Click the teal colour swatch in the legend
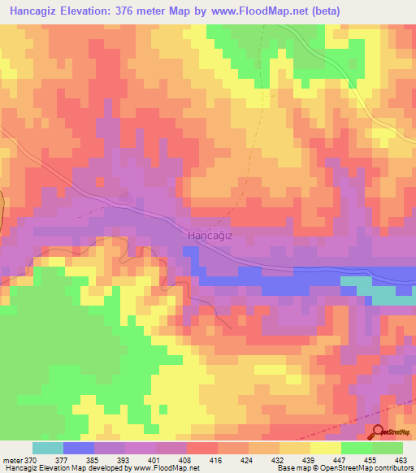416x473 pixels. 47,448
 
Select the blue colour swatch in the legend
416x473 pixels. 79,448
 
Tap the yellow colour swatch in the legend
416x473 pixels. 325,448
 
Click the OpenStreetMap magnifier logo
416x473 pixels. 379,432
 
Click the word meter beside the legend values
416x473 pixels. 13,459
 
